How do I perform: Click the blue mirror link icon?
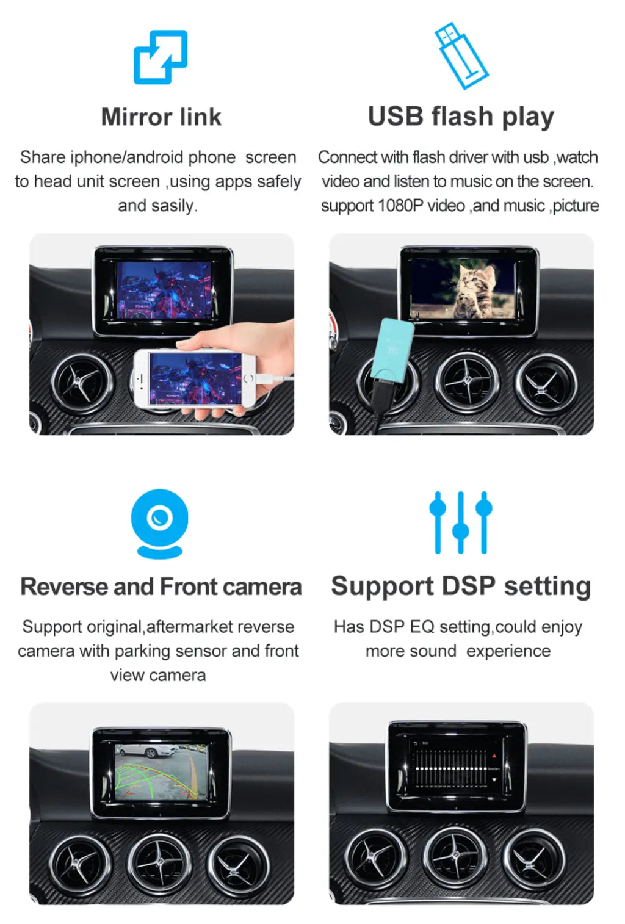[161, 57]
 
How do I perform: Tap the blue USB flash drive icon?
[461, 56]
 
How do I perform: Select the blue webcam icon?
[160, 524]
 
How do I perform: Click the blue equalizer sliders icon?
[461, 522]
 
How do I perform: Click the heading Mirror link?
[161, 117]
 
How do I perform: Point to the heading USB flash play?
[461, 117]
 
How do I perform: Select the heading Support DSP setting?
[461, 587]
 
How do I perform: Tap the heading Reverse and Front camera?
[161, 587]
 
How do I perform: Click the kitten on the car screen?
[475, 291]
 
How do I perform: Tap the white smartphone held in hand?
[194, 378]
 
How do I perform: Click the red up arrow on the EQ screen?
[494, 756]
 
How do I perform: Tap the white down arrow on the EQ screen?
[494, 779]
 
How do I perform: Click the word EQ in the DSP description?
[422, 627]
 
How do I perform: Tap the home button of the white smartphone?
[248, 378]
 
